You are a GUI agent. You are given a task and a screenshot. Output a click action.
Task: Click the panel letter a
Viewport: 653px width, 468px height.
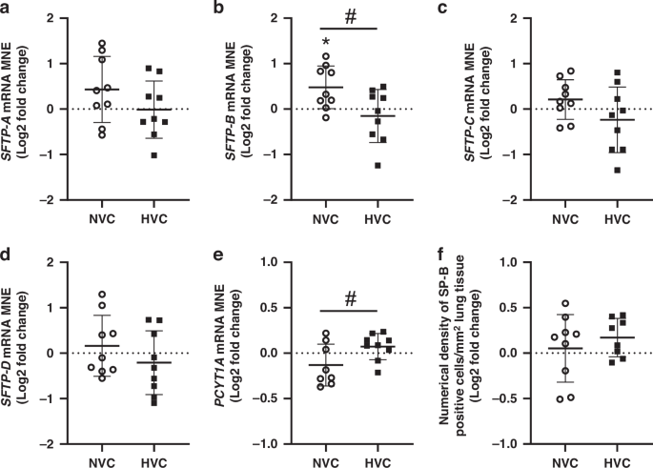coord(7,8)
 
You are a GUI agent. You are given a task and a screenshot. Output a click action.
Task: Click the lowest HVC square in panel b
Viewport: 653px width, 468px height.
coord(378,165)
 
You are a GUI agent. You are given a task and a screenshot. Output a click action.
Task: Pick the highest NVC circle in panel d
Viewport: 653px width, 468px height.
coord(103,295)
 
